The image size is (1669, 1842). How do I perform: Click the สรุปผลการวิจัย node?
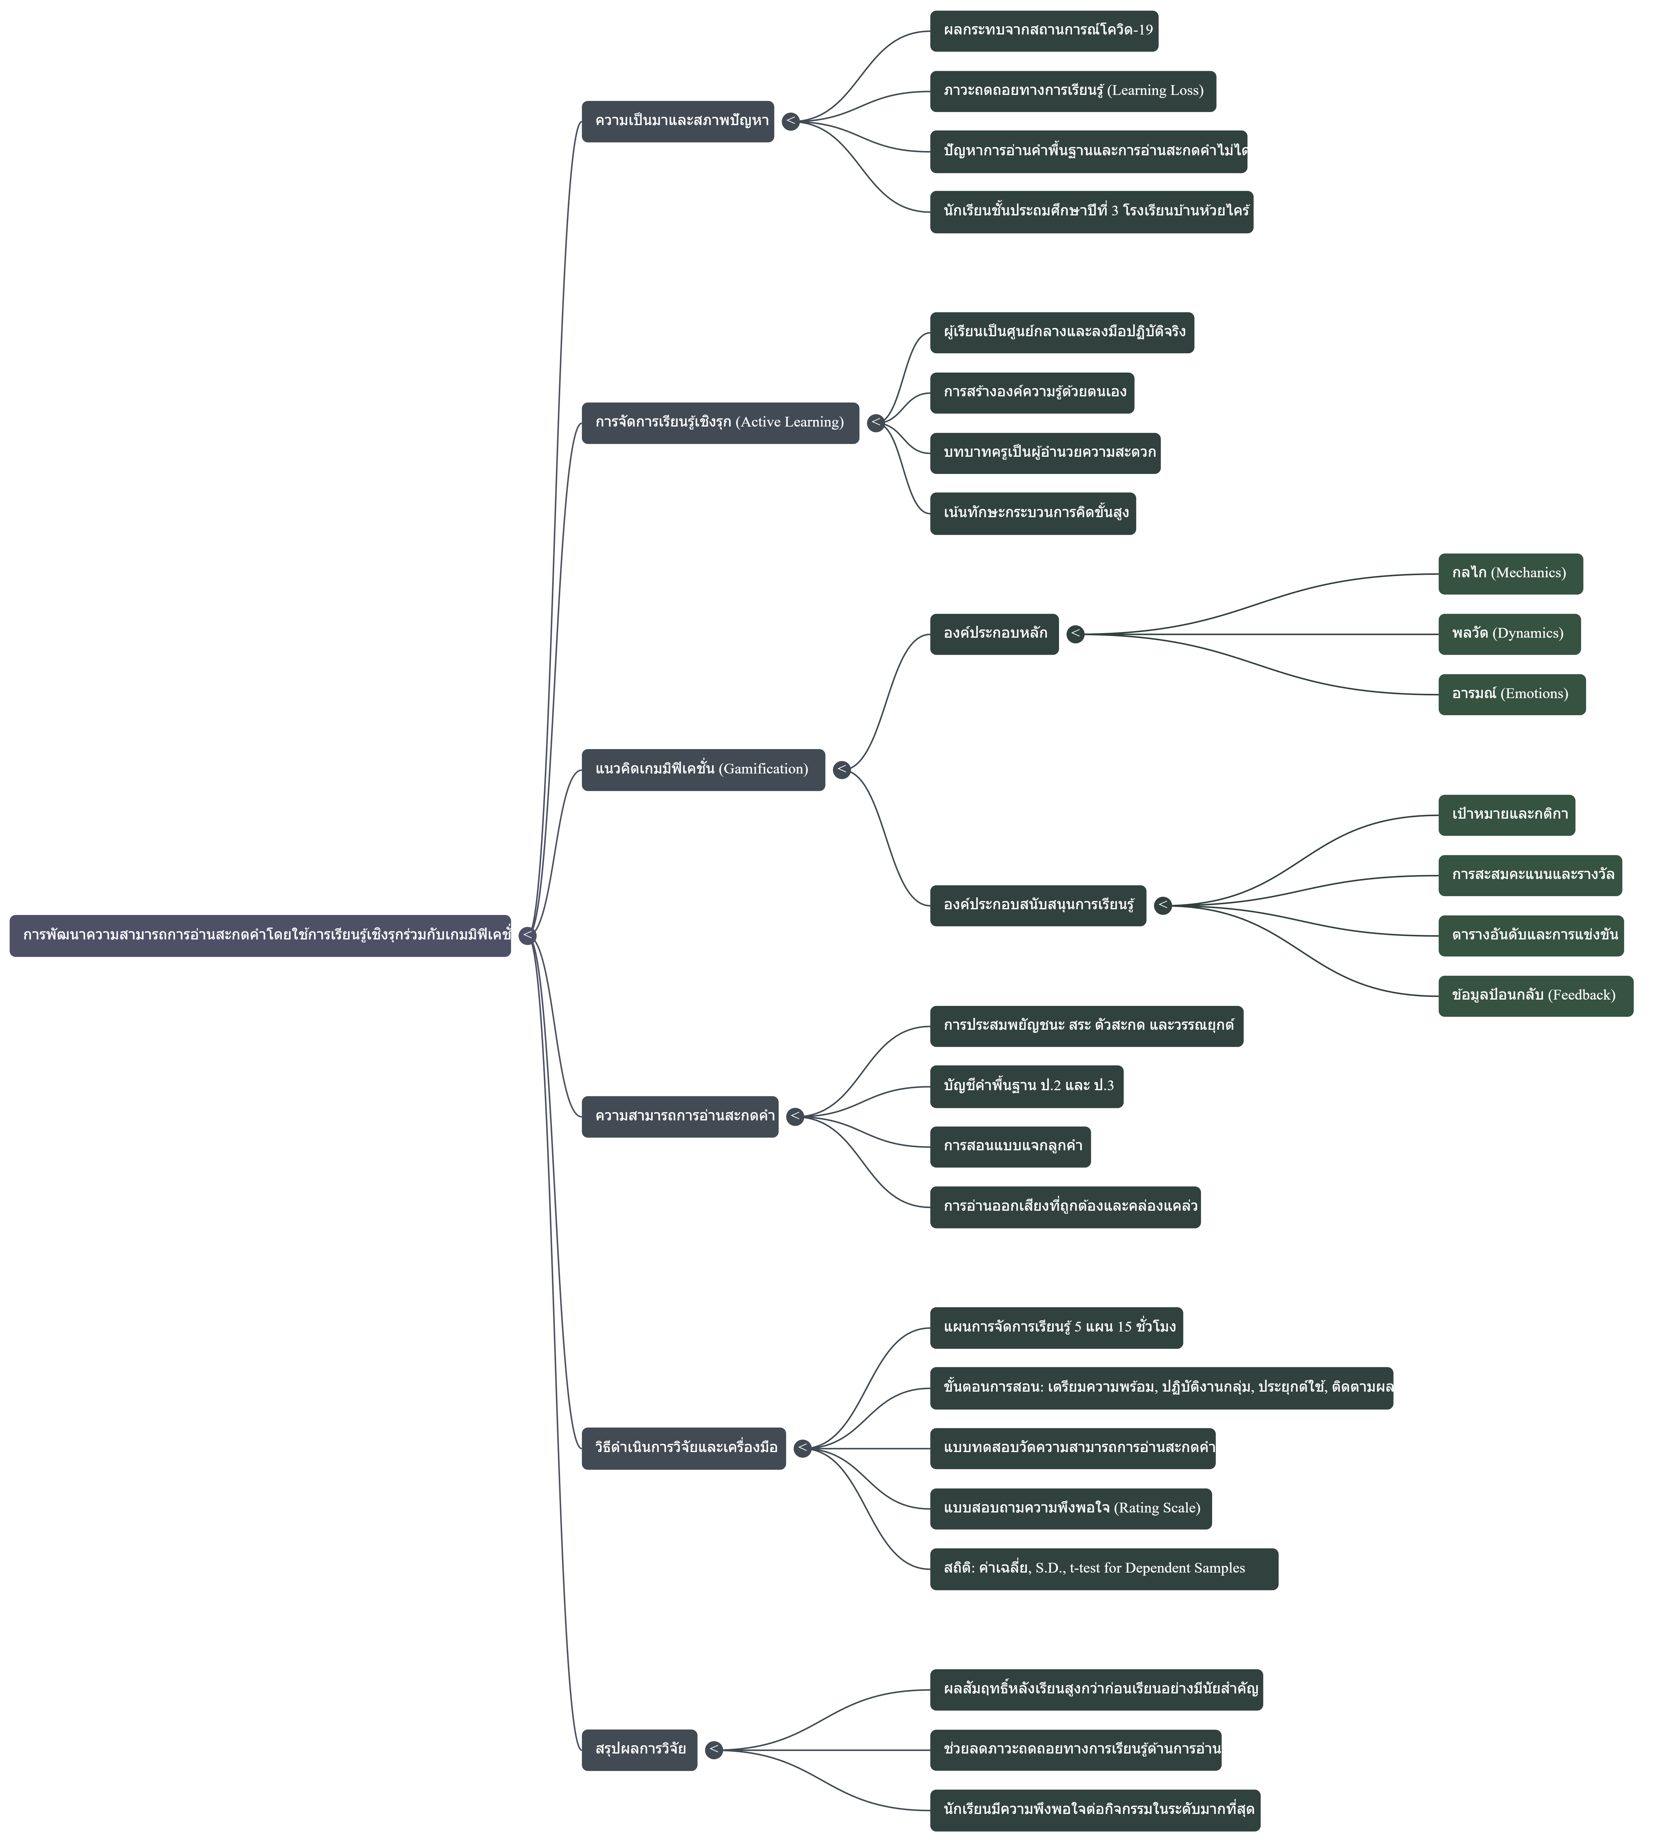[x=640, y=1750]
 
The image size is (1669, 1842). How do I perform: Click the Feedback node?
[x=1535, y=996]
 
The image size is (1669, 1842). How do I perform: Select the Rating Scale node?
[x=1071, y=1509]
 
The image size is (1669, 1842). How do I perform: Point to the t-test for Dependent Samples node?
[x=1104, y=1569]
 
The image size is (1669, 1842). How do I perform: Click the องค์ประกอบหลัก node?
[x=994, y=634]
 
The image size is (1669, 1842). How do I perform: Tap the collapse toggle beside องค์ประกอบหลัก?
[x=1075, y=634]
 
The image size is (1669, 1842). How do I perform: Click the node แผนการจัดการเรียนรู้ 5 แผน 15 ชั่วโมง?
[x=1056, y=1328]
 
